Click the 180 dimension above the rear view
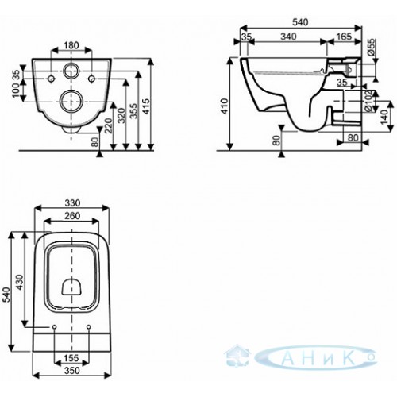(x=71, y=45)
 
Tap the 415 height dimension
(x=147, y=106)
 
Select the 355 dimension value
(x=134, y=111)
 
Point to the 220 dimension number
(x=109, y=126)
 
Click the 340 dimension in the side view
(x=288, y=37)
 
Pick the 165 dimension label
(x=344, y=37)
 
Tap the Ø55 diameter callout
(x=372, y=47)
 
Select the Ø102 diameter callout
(x=372, y=101)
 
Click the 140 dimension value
(x=384, y=117)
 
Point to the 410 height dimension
(x=225, y=106)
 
